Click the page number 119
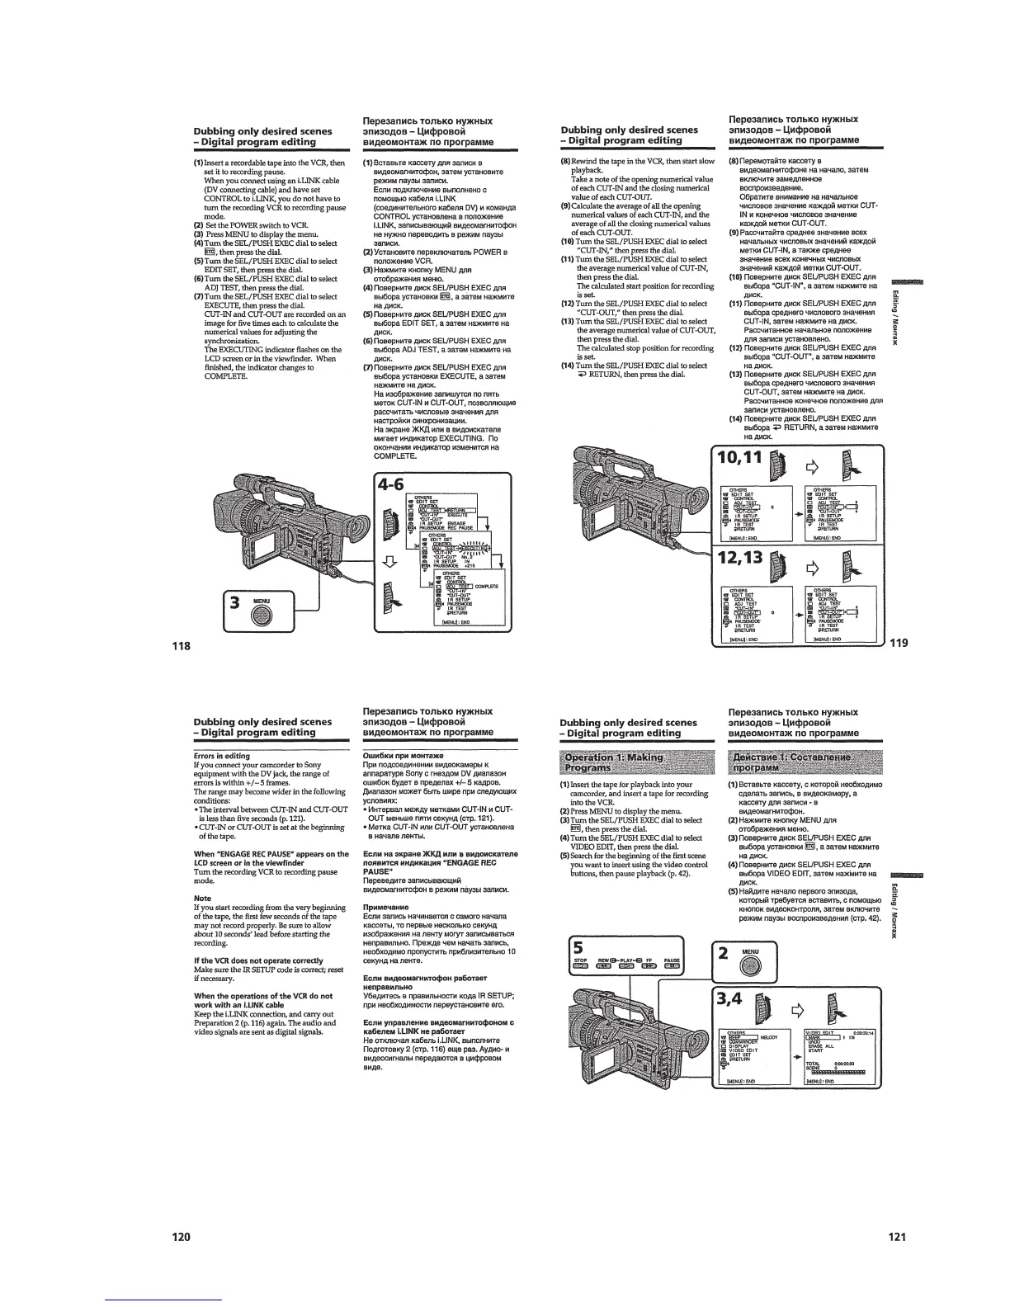898,644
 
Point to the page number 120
181,1236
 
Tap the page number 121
898,1236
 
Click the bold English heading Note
202,898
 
